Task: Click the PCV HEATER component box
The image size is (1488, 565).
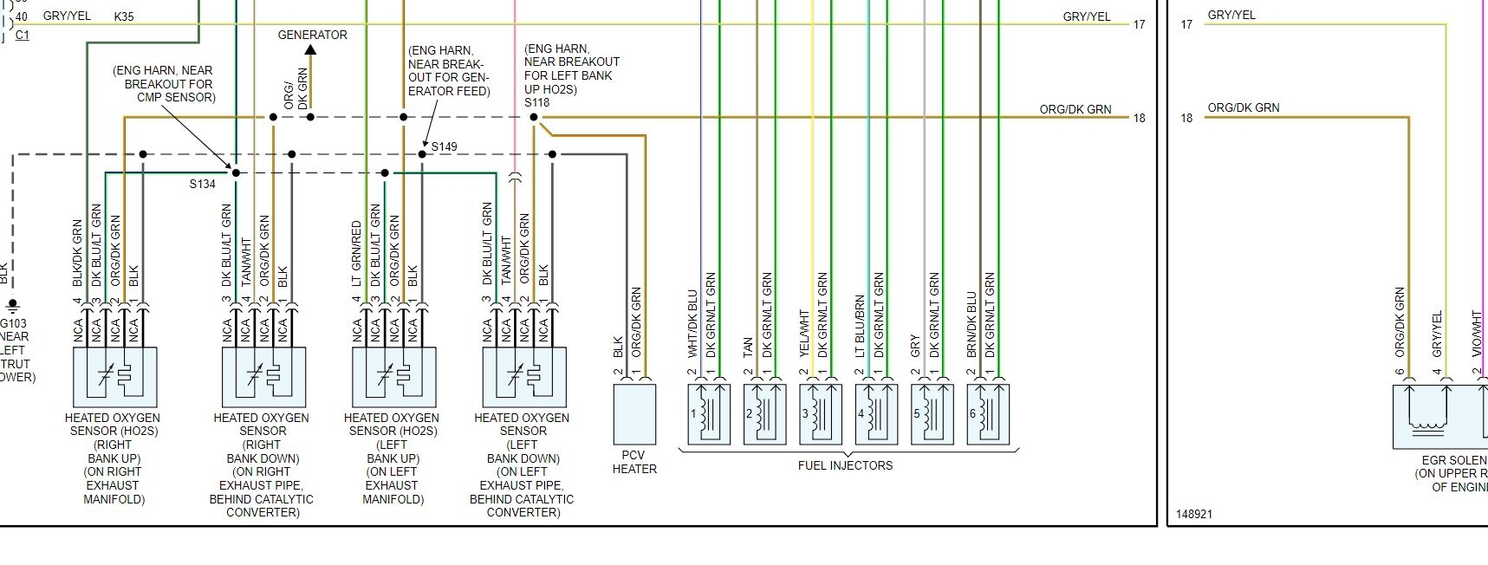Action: pyautogui.click(x=634, y=414)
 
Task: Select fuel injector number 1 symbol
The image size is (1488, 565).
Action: pyautogui.click(x=708, y=414)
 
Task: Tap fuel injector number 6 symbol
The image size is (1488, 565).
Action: pyautogui.click(x=988, y=414)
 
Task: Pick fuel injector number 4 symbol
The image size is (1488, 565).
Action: pyautogui.click(x=876, y=414)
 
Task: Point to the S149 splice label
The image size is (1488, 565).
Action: pyautogui.click(x=444, y=146)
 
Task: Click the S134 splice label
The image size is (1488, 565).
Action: pyautogui.click(x=202, y=184)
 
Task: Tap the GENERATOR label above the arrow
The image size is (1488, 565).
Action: pyautogui.click(x=312, y=35)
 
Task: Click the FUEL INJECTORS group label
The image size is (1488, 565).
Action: pyautogui.click(x=845, y=465)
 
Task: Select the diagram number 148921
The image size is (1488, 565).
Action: pyautogui.click(x=1194, y=514)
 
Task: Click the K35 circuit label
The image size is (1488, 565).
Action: pyautogui.click(x=124, y=16)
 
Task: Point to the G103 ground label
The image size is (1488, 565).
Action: pyautogui.click(x=14, y=323)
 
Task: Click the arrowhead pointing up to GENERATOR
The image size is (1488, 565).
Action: pyautogui.click(x=310, y=49)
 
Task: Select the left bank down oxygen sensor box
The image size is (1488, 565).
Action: pyautogui.click(x=523, y=377)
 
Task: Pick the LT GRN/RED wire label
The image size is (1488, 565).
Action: pyautogui.click(x=356, y=254)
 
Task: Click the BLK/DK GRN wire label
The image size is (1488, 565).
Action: pyautogui.click(x=78, y=254)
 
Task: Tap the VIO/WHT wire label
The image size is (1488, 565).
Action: pyautogui.click(x=1477, y=334)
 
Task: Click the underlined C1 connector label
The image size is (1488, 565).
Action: pyautogui.click(x=23, y=36)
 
